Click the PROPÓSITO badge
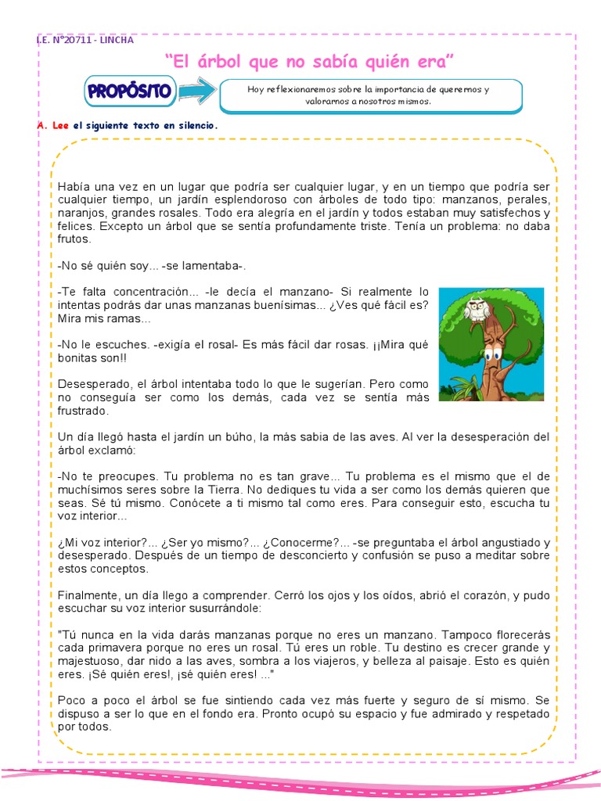[130, 92]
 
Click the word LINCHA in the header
[117, 40]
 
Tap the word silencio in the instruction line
[194, 125]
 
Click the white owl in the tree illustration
[475, 308]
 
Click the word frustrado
[83, 411]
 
